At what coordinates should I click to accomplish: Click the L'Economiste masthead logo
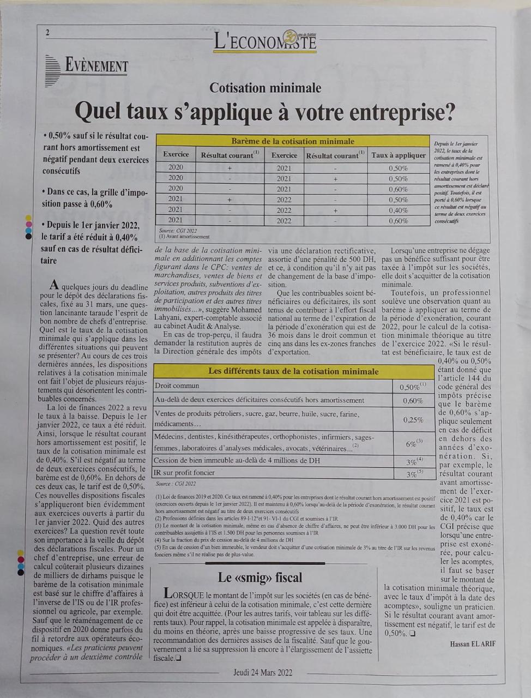coord(265,40)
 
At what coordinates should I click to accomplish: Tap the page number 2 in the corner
coord(47,33)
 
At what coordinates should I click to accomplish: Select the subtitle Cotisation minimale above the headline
coord(265,88)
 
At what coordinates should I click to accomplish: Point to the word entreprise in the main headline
coord(402,112)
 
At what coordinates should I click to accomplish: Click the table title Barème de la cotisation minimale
coord(293,141)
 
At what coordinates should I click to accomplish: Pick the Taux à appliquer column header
coord(399,155)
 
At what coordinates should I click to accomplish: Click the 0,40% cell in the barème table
coord(399,210)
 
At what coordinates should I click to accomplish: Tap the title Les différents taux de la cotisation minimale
coord(293,371)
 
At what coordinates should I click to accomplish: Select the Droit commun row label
coord(177,386)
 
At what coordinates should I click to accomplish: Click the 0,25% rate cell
coord(413,420)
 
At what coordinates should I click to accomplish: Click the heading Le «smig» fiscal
coord(260,577)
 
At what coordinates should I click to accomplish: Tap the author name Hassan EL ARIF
coord(473,644)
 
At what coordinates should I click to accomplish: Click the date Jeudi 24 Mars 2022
coord(263,672)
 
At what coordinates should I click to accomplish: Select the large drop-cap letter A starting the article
coord(53,285)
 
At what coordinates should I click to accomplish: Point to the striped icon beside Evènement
coord(52,70)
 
